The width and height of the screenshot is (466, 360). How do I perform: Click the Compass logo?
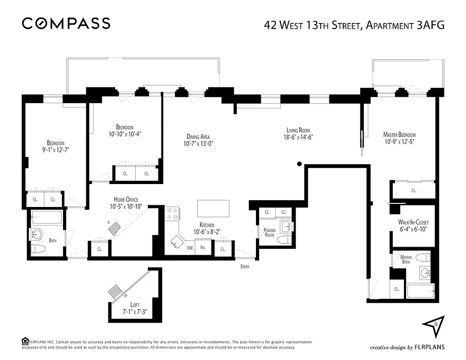click(x=66, y=23)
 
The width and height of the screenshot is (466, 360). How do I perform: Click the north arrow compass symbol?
click(x=433, y=327)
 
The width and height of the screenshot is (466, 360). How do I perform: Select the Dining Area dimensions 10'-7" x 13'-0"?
click(x=198, y=144)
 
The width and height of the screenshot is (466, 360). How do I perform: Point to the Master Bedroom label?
click(x=399, y=135)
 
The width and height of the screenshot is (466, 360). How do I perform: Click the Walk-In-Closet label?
click(x=413, y=222)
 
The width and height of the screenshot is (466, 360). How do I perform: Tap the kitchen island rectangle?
click(x=214, y=209)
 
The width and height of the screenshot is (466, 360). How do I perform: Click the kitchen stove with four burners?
click(x=172, y=213)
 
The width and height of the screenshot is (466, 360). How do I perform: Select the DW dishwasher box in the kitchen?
click(x=190, y=248)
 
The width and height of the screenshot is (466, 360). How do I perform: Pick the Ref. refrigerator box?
click(x=203, y=248)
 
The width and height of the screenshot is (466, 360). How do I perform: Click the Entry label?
click(x=245, y=266)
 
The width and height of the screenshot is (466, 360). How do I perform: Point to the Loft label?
click(x=134, y=305)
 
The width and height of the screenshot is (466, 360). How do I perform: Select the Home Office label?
click(x=126, y=199)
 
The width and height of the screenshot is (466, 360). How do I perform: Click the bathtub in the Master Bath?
click(x=420, y=292)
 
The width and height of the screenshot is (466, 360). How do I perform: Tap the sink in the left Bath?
click(x=37, y=234)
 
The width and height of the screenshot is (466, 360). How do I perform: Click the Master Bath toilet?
click(x=421, y=258)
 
